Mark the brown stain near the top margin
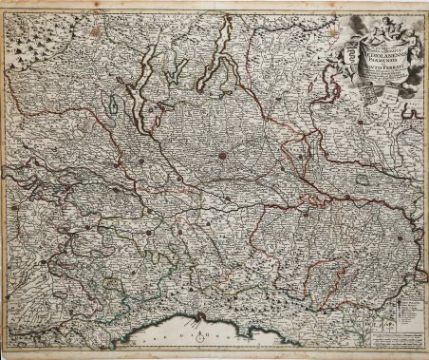tap(96, 31)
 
